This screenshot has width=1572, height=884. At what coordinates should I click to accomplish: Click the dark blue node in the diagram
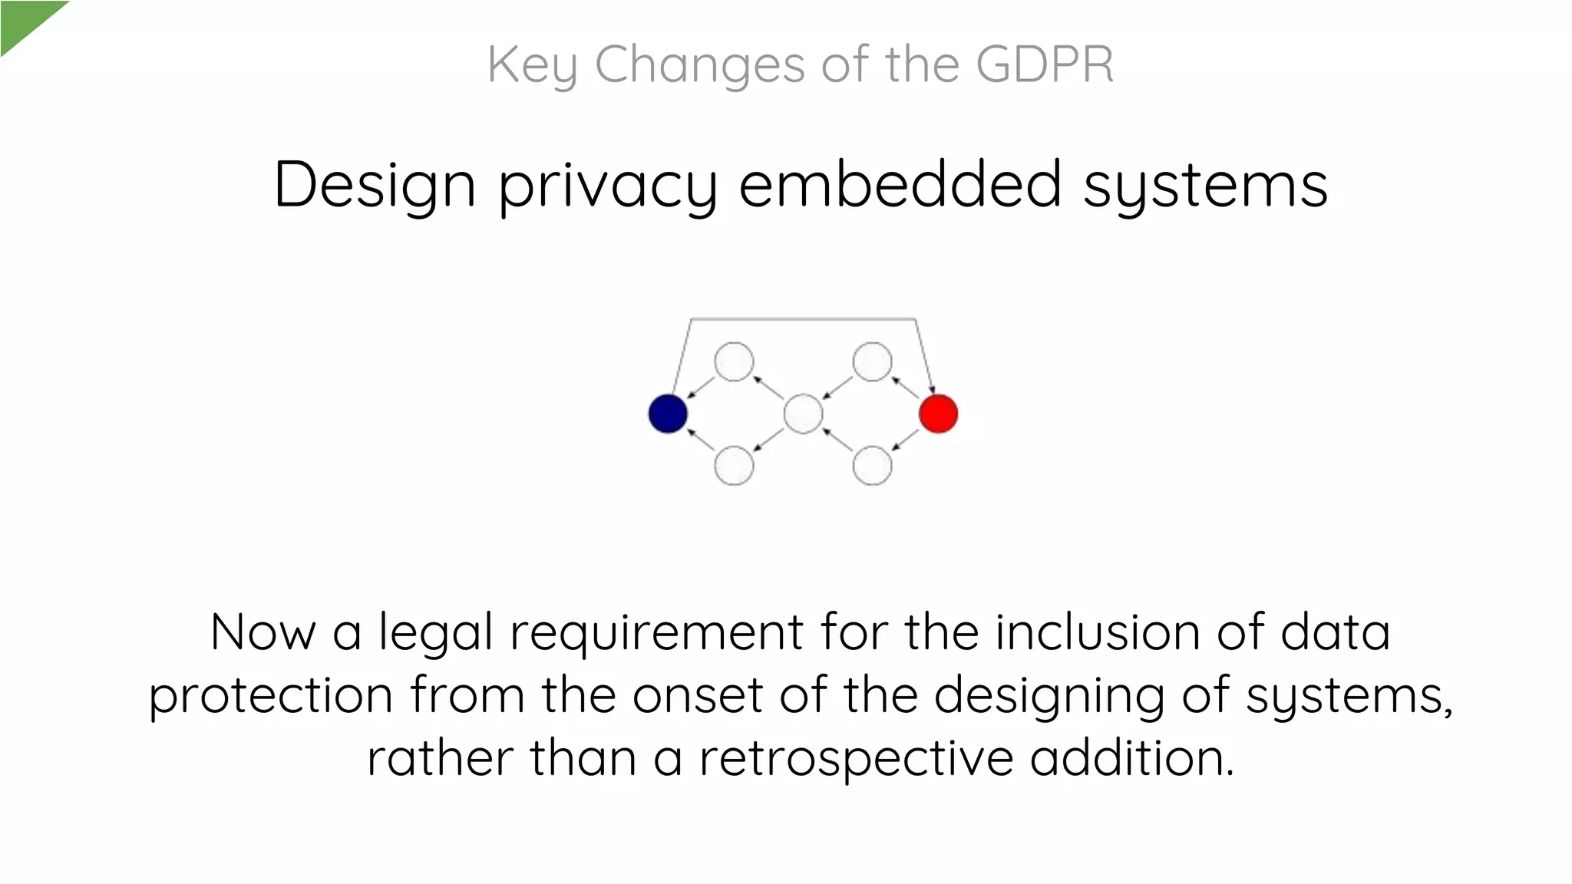(668, 414)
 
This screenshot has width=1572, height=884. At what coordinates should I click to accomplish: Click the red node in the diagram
(938, 414)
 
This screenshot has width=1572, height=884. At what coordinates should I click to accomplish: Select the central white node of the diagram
(803, 414)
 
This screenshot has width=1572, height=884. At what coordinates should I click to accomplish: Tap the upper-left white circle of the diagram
(734, 361)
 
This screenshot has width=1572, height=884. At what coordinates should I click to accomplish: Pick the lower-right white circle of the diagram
(872, 465)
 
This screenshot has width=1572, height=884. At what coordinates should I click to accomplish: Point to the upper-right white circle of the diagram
(872, 361)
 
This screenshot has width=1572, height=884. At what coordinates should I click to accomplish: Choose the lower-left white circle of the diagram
(734, 465)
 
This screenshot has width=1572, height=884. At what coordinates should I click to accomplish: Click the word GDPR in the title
(1045, 64)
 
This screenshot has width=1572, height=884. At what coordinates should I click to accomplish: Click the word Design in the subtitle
(375, 186)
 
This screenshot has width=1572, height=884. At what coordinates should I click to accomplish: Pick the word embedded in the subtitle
(900, 185)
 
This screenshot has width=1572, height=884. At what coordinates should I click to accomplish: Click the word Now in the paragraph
(263, 633)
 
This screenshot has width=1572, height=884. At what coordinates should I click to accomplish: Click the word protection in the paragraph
(271, 696)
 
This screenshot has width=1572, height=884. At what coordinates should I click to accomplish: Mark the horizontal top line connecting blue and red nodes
(803, 318)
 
